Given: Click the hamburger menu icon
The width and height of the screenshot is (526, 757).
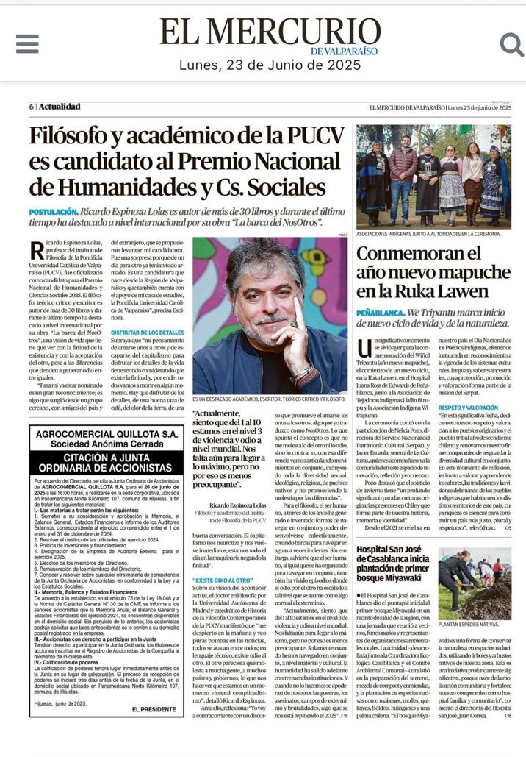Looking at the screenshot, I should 27,43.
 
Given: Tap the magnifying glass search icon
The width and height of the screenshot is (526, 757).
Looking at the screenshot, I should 511,44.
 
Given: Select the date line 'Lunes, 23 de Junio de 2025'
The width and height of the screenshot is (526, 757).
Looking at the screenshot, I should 270,65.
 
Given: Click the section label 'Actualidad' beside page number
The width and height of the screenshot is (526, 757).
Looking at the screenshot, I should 60,107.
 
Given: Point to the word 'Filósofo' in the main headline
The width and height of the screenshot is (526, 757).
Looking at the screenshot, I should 78,137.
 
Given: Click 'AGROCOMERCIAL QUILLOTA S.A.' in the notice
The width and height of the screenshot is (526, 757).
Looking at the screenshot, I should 107,435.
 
